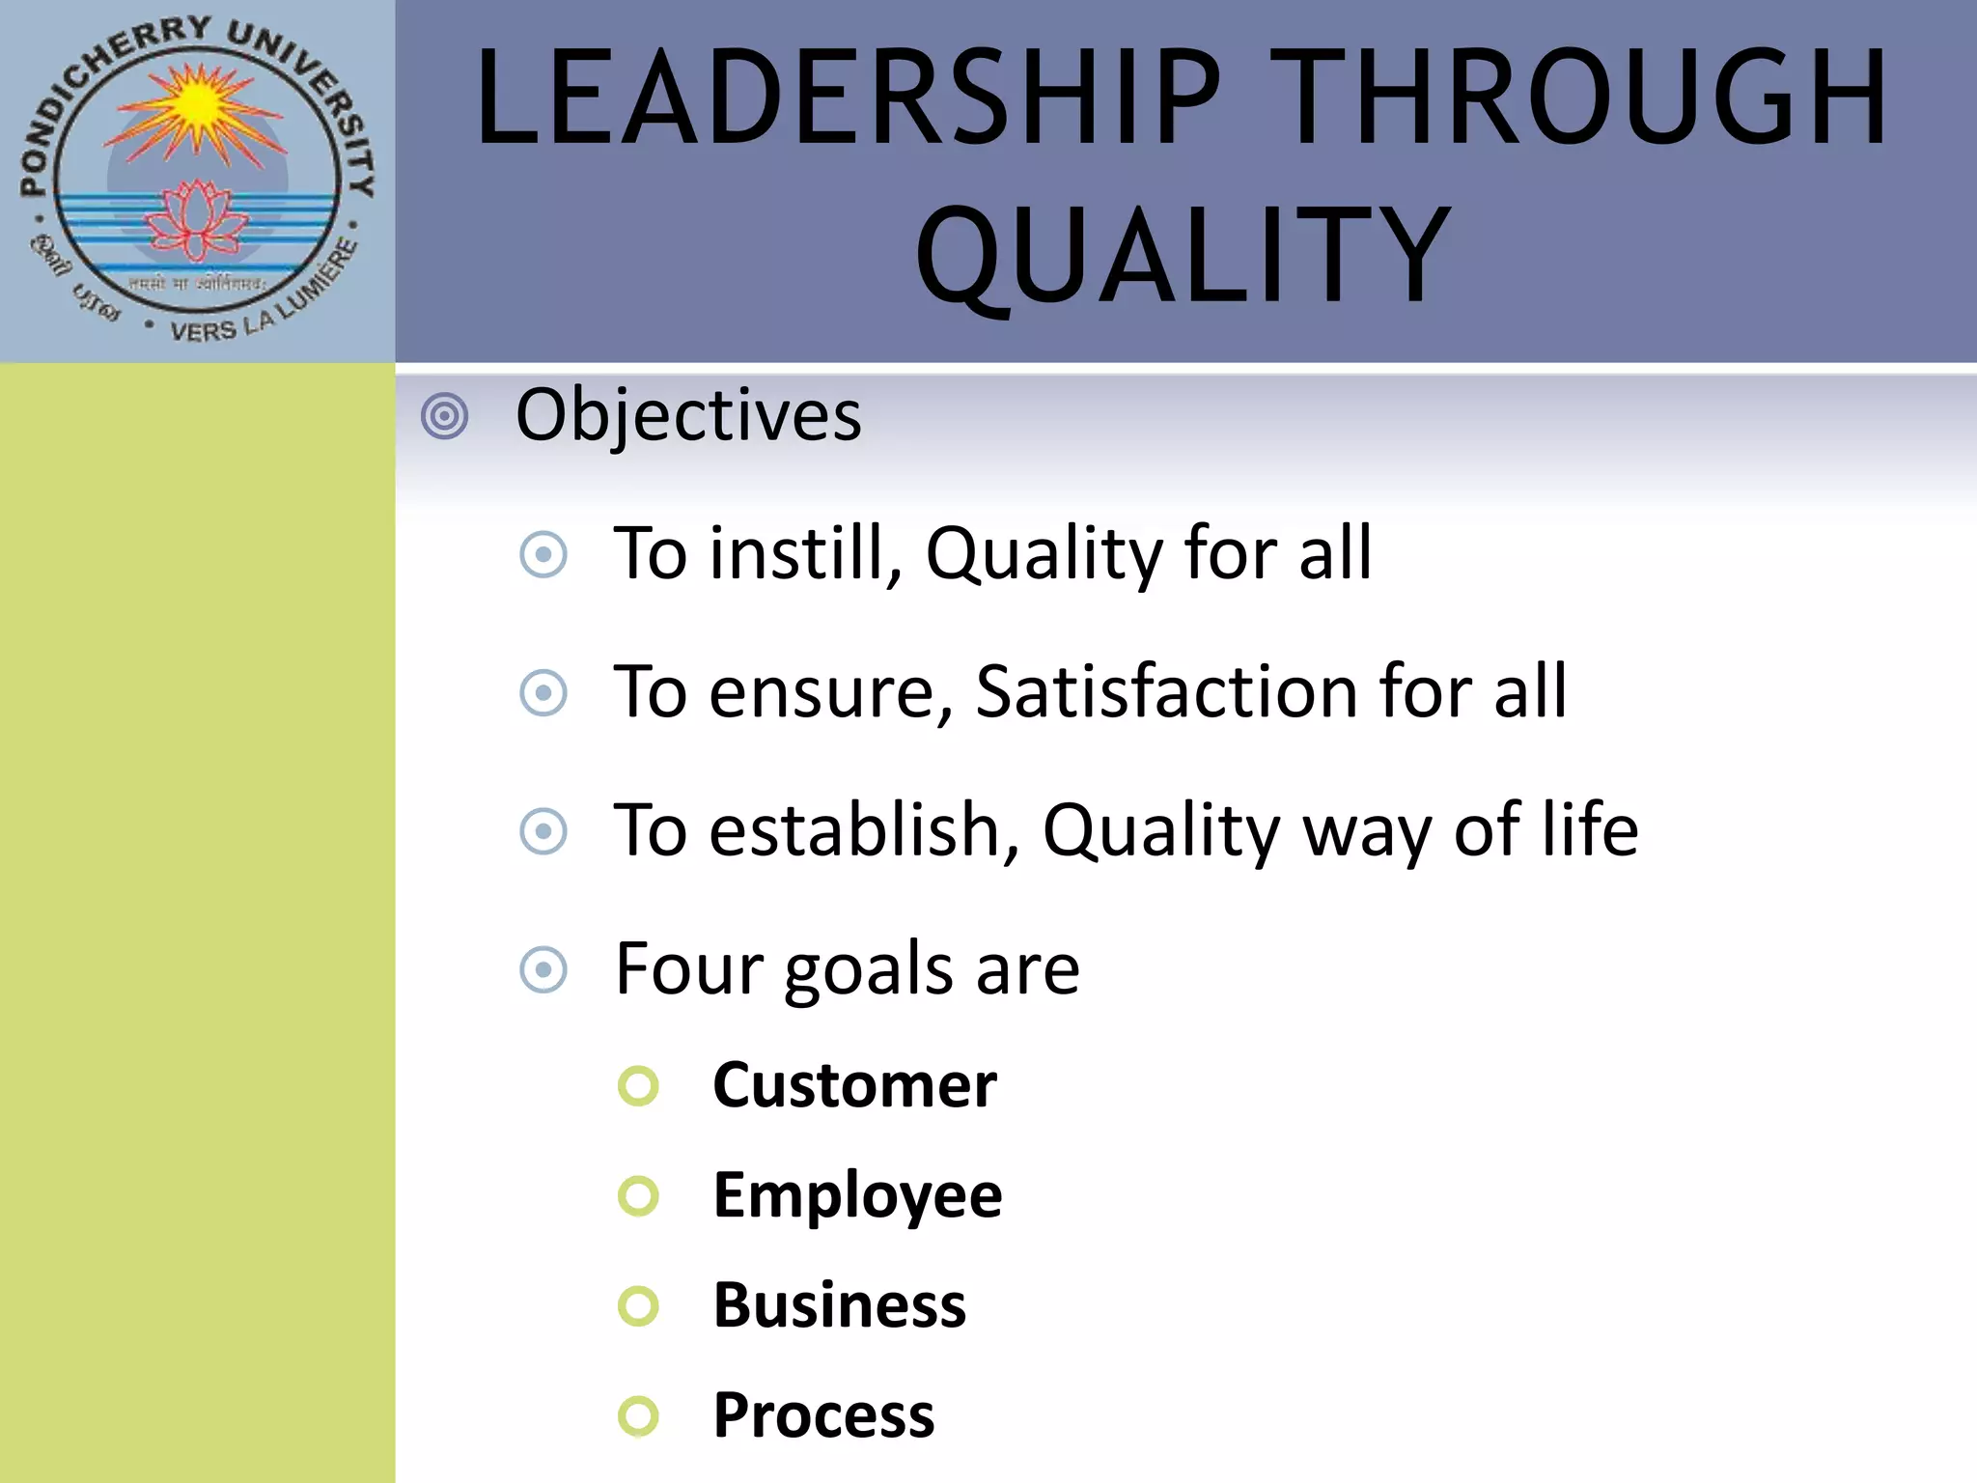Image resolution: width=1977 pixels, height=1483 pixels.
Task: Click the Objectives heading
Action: tap(688, 415)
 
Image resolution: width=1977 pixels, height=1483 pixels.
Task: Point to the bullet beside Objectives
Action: tap(445, 417)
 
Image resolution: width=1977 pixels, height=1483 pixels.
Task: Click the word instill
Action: tap(805, 553)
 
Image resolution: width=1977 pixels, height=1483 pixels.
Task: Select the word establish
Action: tap(865, 829)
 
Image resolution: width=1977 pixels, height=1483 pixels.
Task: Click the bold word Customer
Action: tap(854, 1085)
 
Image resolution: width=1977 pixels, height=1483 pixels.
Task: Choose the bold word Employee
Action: tap(857, 1195)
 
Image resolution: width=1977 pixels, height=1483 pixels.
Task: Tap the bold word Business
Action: tap(839, 1305)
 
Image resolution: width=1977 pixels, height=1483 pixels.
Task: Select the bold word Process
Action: tap(823, 1415)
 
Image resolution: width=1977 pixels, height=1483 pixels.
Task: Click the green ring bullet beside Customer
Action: tap(638, 1086)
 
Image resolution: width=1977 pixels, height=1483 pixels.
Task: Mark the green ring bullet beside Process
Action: tap(638, 1416)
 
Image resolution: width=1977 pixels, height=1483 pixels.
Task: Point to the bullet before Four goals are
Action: tap(543, 969)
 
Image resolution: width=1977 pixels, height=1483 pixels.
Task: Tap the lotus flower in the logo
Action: tap(197, 219)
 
